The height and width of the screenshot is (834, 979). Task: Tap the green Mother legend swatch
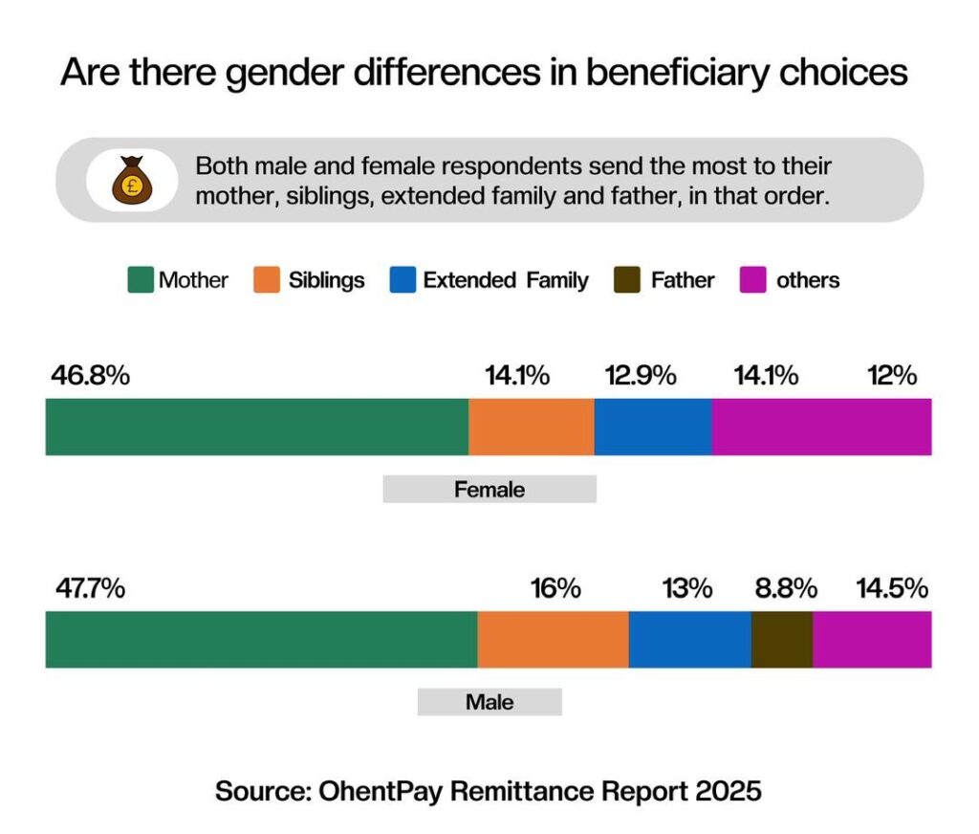coord(141,280)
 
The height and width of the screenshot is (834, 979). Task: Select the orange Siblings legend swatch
coord(265,280)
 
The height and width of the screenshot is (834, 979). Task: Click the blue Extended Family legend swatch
coord(403,280)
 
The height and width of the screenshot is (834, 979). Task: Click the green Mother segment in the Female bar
coord(256,427)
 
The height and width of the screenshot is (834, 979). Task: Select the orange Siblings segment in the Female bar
coord(532,427)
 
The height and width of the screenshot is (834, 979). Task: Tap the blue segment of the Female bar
coord(653,427)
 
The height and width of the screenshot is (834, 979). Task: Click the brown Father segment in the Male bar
coord(782,640)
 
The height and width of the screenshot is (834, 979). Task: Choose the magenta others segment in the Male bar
coord(872,640)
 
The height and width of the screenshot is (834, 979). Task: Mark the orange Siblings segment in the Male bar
coord(553,640)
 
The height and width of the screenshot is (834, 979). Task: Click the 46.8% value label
coord(90,376)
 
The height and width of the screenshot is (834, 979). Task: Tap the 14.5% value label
coord(891,588)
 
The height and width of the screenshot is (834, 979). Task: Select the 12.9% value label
coord(641,376)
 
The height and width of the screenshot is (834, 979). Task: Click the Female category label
coord(489,490)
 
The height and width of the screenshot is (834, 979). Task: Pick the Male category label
coord(489,703)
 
